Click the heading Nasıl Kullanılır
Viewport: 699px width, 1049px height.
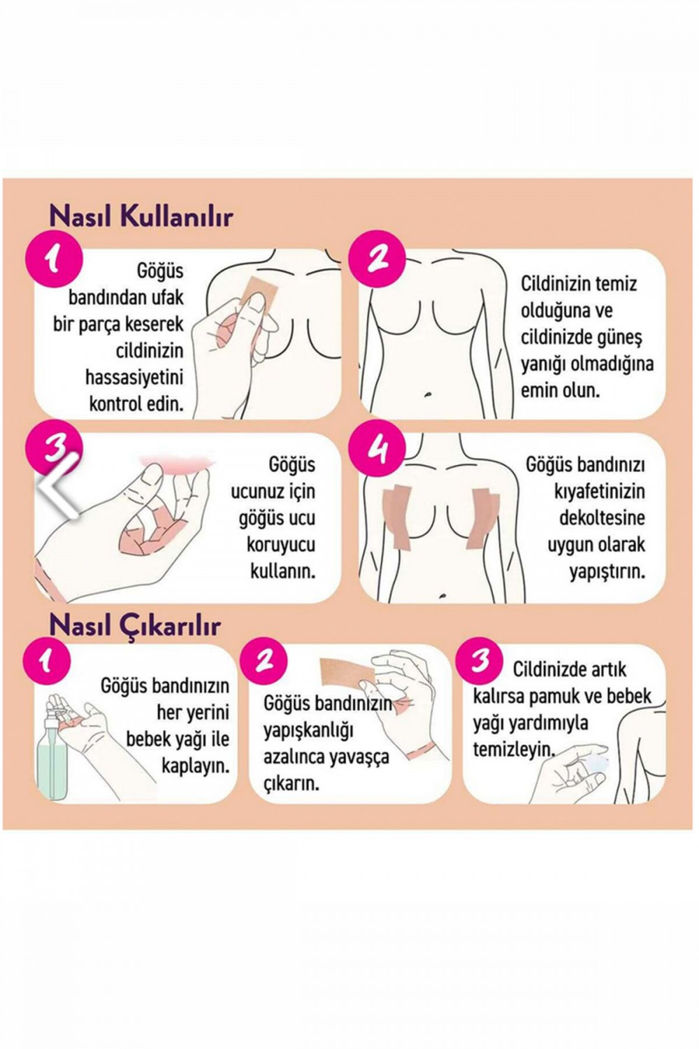[x=140, y=217]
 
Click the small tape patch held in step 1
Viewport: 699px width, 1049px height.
[x=261, y=289]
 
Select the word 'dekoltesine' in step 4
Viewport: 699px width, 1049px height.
[x=602, y=518]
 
